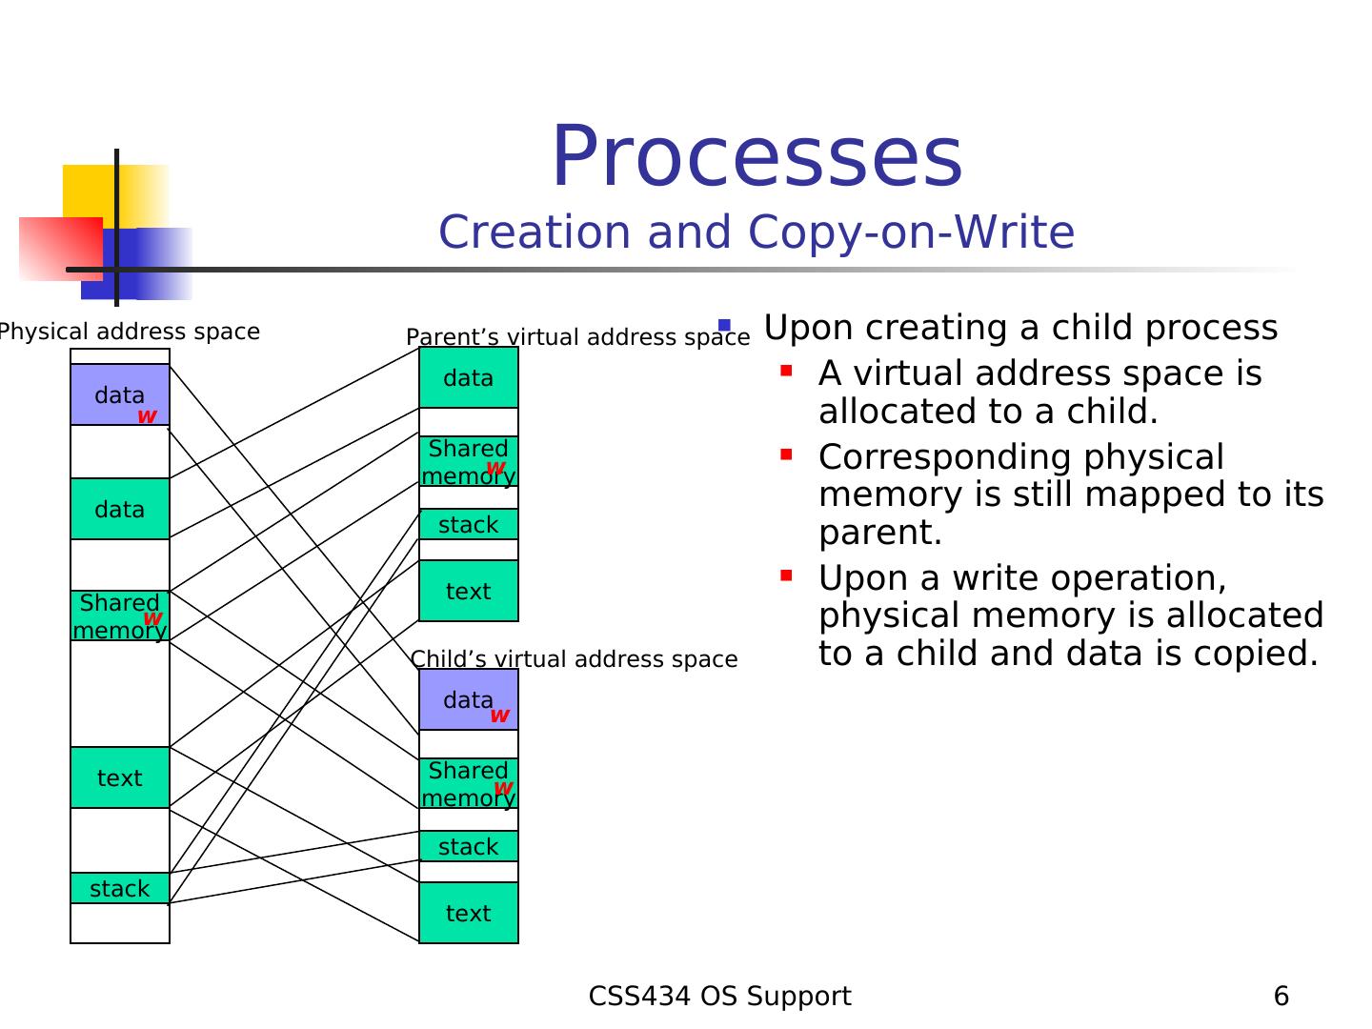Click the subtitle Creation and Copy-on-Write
point(757,232)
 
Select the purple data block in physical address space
point(119,394)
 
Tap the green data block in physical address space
point(119,509)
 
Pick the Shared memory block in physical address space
point(119,616)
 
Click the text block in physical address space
point(119,777)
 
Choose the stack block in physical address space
point(119,888)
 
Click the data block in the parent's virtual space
point(468,378)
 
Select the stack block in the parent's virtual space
point(468,524)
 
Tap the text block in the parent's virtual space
point(468,591)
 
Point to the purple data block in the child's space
point(468,700)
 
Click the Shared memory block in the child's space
point(468,784)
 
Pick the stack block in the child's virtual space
point(468,847)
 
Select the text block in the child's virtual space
point(468,914)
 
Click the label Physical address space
point(129,332)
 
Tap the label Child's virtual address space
point(574,659)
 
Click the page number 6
point(1281,996)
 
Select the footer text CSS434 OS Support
point(719,996)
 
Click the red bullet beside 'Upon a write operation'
point(786,575)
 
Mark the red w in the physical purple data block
point(147,416)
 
